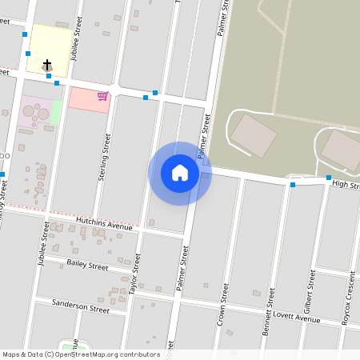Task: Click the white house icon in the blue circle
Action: pyautogui.click(x=180, y=173)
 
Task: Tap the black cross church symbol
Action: pyautogui.click(x=47, y=64)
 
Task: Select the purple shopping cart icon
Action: pyautogui.click(x=102, y=96)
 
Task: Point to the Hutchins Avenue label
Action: pyautogui.click(x=104, y=223)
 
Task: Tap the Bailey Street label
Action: pyautogui.click(x=88, y=265)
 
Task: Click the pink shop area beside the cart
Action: pyautogui.click(x=84, y=100)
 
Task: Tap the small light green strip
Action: pyautogui.click(x=56, y=113)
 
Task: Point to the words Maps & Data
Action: pyautogui.click(x=22, y=354)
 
